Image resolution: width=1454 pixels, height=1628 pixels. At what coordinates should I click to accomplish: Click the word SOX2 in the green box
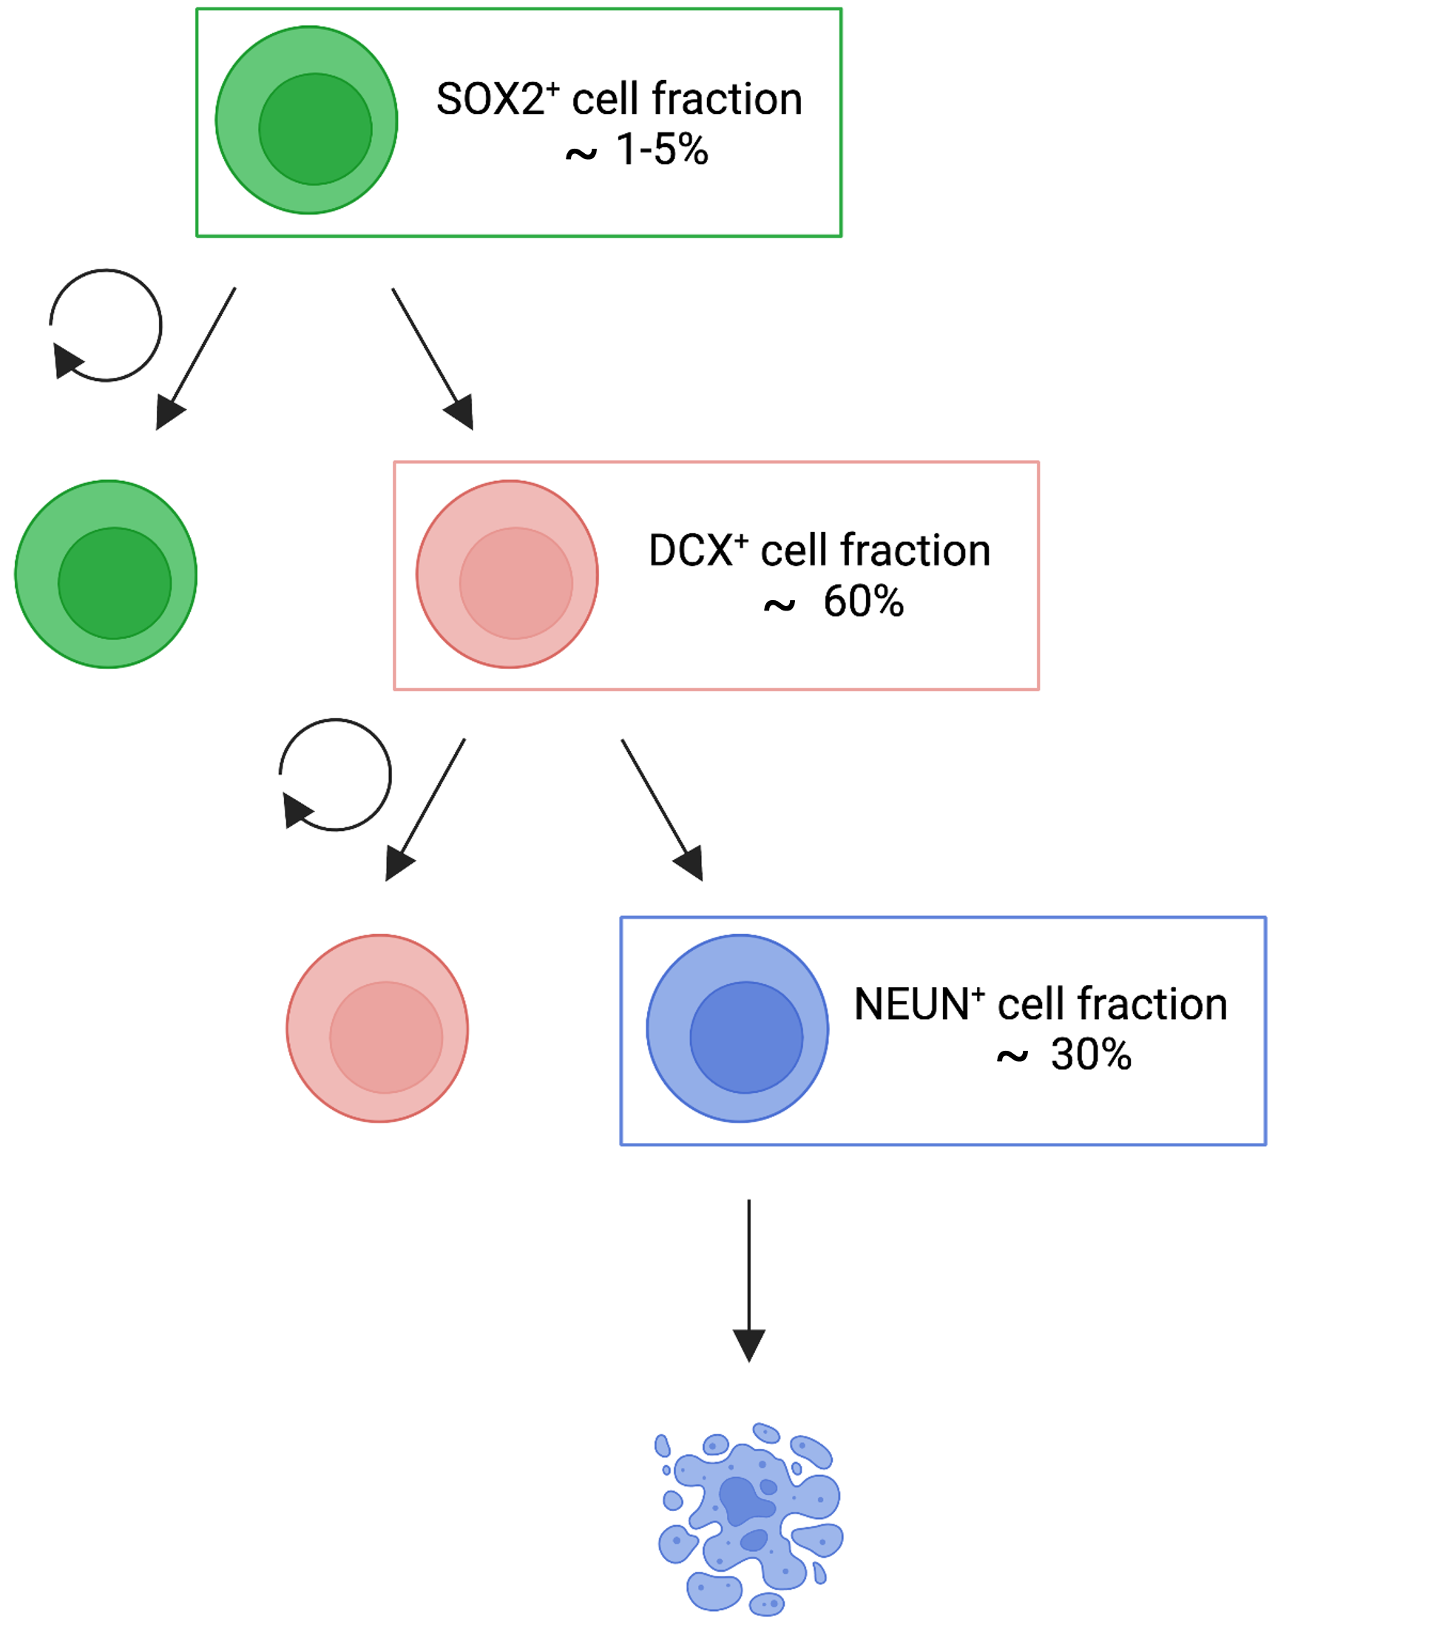(x=489, y=100)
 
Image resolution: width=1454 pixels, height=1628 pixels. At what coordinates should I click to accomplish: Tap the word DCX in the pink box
(x=691, y=551)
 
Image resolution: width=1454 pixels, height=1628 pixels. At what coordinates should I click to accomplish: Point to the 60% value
(x=863, y=602)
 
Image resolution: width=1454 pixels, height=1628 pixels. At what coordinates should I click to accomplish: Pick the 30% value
(x=1090, y=1055)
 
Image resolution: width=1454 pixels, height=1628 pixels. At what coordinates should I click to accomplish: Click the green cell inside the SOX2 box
(x=307, y=120)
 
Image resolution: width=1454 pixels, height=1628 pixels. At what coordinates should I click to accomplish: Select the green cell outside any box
(x=106, y=573)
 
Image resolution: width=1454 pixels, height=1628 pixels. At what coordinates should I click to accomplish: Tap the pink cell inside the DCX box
(x=507, y=573)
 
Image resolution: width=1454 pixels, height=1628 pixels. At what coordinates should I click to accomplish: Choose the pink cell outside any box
(x=377, y=1029)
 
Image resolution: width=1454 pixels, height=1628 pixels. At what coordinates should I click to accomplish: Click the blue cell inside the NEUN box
(x=737, y=1029)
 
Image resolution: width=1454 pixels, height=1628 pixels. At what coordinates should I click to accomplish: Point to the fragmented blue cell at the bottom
(x=749, y=1518)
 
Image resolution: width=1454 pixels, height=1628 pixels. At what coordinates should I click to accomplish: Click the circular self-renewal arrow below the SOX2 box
(x=106, y=326)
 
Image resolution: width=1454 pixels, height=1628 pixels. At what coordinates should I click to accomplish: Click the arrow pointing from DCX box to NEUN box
(x=661, y=809)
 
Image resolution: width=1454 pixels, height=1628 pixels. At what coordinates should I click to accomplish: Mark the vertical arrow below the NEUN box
(x=748, y=1279)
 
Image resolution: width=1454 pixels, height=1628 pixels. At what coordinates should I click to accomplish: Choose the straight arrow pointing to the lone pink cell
(x=425, y=809)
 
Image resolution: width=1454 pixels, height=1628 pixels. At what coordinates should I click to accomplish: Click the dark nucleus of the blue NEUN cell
(x=746, y=1037)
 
